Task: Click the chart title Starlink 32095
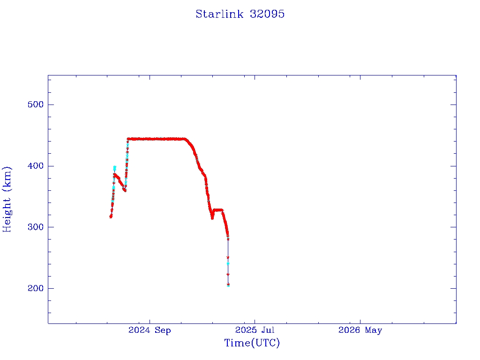point(240,14)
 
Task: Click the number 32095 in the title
point(267,14)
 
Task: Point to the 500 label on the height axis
point(36,105)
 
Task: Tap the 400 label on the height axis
point(36,166)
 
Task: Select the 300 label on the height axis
point(36,227)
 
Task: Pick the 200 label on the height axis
point(36,288)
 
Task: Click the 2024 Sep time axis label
point(150,330)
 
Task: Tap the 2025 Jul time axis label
point(255,330)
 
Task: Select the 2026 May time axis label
point(360,330)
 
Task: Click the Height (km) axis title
point(7,199)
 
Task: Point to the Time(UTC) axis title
point(252,343)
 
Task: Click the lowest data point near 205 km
point(228,285)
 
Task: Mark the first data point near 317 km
point(111,217)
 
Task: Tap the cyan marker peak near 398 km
point(115,168)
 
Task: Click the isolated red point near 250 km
point(228,257)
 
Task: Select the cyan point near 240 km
point(228,263)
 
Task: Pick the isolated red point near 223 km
point(228,274)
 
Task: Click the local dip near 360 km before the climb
point(125,190)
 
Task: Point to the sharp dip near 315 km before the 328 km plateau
point(212,217)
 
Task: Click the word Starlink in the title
point(219,14)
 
